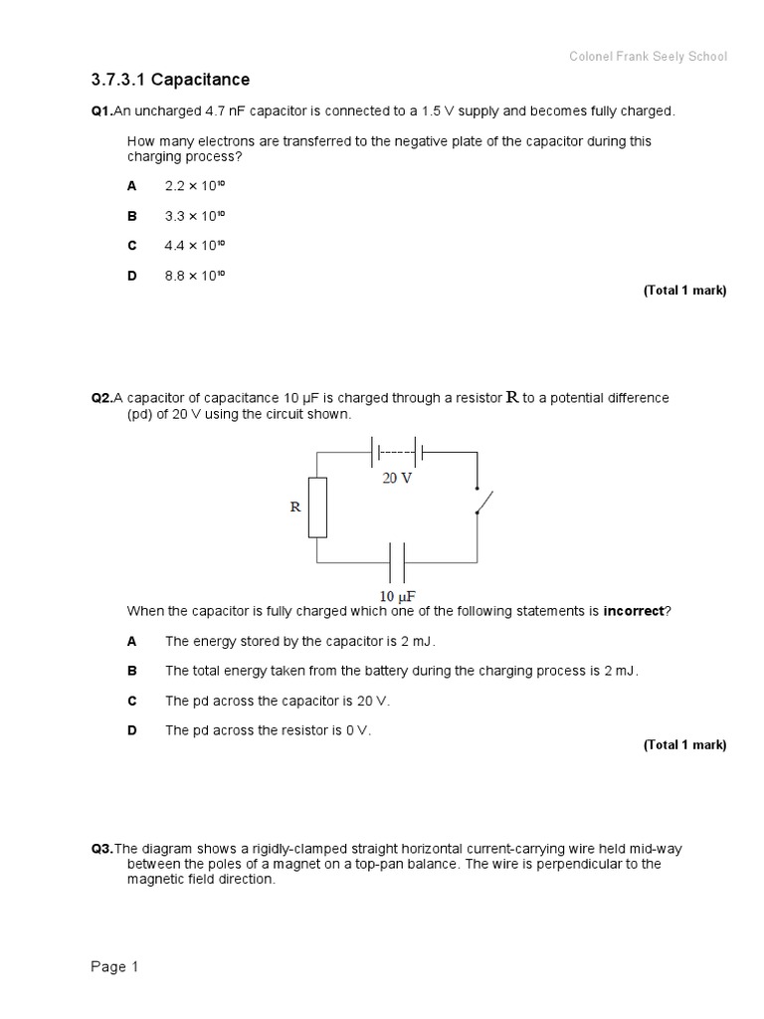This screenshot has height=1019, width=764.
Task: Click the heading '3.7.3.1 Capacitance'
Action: [x=170, y=80]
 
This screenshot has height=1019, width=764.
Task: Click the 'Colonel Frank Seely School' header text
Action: [x=648, y=57]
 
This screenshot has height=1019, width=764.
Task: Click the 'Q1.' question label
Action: [x=102, y=111]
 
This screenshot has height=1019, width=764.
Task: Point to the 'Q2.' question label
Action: [x=102, y=398]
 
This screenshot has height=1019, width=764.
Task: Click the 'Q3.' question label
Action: [x=102, y=849]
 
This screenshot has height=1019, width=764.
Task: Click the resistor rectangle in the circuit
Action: [x=317, y=508]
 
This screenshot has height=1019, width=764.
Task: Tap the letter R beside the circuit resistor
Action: [x=294, y=507]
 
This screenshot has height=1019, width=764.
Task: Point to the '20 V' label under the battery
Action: [x=397, y=478]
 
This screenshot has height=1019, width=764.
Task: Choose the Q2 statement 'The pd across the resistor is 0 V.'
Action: [x=268, y=730]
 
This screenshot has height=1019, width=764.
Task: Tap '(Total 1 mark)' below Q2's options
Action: [x=684, y=744]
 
